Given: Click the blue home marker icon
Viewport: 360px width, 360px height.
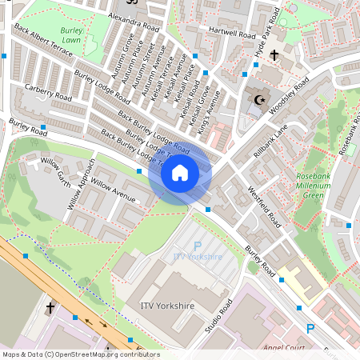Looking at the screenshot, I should [x=180, y=172].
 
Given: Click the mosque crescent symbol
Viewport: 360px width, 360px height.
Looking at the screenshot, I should [x=258, y=100].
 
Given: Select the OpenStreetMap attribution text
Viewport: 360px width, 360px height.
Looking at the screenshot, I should [x=80, y=354].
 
